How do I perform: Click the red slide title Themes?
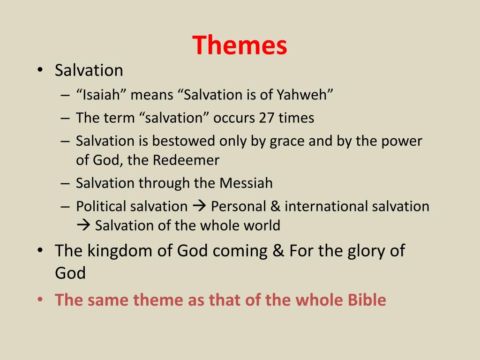coord(240,45)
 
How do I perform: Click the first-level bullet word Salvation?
coord(89,71)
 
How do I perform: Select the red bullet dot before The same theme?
coord(40,300)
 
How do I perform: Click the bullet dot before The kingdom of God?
coord(40,250)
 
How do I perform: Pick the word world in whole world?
coord(261,225)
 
